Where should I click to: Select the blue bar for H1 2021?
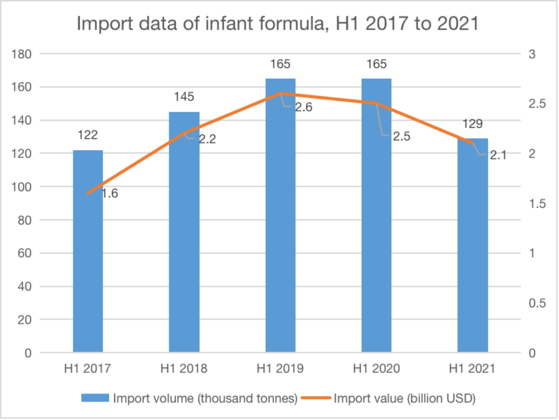(x=472, y=251)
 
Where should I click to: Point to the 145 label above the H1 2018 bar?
(x=184, y=97)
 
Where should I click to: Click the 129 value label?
(x=472, y=124)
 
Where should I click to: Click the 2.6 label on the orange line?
(x=303, y=107)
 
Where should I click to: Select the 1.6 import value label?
(x=110, y=193)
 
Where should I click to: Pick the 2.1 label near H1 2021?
(x=498, y=155)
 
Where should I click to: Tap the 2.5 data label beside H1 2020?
(x=401, y=136)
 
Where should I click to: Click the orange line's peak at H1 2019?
(x=280, y=93)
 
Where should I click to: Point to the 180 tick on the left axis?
(x=21, y=54)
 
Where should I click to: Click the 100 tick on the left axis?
(x=21, y=187)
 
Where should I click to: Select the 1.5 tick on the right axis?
(x=537, y=204)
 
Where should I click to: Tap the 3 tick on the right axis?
(x=532, y=54)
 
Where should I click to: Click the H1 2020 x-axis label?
(x=376, y=369)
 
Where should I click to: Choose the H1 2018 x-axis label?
(x=184, y=369)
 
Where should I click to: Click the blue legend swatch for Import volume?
(x=95, y=398)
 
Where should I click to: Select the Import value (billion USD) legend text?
(x=405, y=398)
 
